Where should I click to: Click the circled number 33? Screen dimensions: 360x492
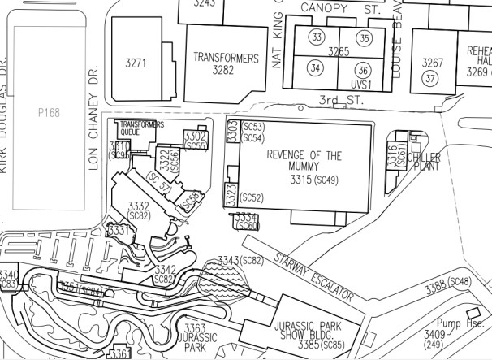317,37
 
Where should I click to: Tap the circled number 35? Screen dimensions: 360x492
365,37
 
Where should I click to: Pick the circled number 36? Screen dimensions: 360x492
364,69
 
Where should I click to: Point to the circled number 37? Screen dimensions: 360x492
430,78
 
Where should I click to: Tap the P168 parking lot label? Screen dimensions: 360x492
49,113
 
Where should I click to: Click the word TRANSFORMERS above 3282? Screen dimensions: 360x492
226,59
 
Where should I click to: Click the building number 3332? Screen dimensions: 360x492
139,206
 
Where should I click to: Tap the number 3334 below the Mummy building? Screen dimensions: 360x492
246,218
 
